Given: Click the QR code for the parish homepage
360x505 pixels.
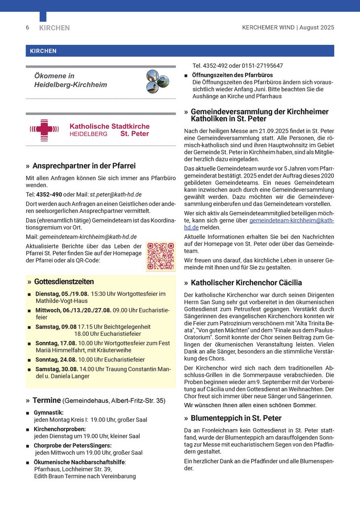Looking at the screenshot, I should pyautogui.click(x=161, y=256).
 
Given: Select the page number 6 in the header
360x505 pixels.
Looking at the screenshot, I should pyautogui.click(x=28, y=28).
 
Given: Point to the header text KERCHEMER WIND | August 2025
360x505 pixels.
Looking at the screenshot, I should pyautogui.click(x=288, y=28).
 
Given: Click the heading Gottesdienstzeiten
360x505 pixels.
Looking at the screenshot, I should pyautogui.click(x=64, y=282).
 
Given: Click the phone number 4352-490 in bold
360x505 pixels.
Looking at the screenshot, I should pyautogui.click(x=49, y=194).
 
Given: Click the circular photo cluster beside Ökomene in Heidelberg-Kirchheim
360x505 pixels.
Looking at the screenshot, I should pyautogui.click(x=158, y=81).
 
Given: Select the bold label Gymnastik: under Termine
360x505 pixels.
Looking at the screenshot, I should pyautogui.click(x=49, y=412).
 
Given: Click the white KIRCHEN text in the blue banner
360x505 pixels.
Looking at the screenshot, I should pyautogui.click(x=43, y=51).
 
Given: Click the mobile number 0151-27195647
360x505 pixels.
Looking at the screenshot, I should pyautogui.click(x=263, y=66).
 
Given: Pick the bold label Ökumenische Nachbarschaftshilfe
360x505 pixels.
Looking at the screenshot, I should pyautogui.click(x=79, y=462).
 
